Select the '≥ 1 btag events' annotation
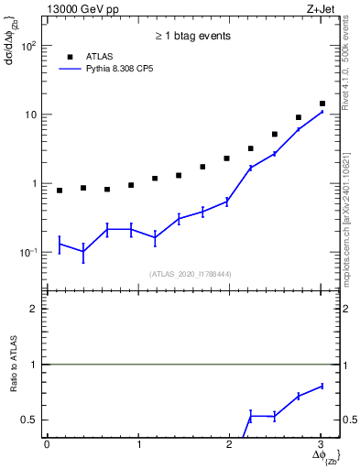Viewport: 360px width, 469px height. coord(192,36)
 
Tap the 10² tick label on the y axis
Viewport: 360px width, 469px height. coord(30,46)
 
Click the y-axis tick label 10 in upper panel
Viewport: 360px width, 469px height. coord(33,115)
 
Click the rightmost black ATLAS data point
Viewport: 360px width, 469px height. coord(322,104)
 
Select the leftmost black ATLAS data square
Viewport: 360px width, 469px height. coord(60,191)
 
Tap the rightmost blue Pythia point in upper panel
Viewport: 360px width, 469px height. coord(322,111)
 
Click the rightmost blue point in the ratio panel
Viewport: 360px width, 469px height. coord(322,386)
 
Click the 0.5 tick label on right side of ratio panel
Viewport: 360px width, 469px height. coord(349,420)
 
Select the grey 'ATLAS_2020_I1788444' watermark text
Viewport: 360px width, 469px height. coord(191,273)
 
